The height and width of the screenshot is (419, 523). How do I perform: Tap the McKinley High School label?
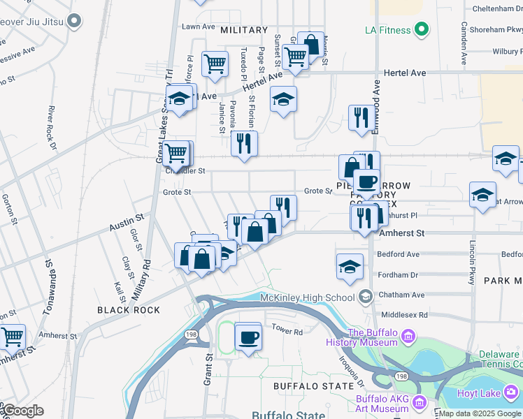pyautogui.click(x=308, y=297)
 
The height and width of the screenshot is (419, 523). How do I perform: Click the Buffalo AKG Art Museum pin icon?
pyautogui.click(x=420, y=403)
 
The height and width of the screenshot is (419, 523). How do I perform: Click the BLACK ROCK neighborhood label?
pyautogui.click(x=129, y=310)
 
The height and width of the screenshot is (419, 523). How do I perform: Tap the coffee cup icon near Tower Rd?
pyautogui.click(x=249, y=338)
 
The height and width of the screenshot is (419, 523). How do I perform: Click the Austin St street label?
pyautogui.click(x=126, y=224)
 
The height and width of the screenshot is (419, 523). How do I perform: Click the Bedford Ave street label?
pyautogui.click(x=398, y=255)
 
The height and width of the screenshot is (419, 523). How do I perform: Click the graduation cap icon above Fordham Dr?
pyautogui.click(x=350, y=267)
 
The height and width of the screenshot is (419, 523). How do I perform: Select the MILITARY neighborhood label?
pyautogui.click(x=244, y=30)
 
